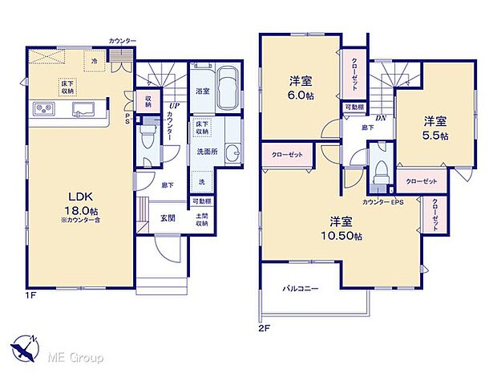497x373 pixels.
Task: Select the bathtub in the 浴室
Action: pos(227,87)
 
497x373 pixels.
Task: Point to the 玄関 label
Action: pos(168,217)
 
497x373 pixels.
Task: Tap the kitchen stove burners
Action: pos(42,110)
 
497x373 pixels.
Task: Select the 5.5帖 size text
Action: pos(436,134)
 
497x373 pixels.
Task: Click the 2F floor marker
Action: pos(264,328)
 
